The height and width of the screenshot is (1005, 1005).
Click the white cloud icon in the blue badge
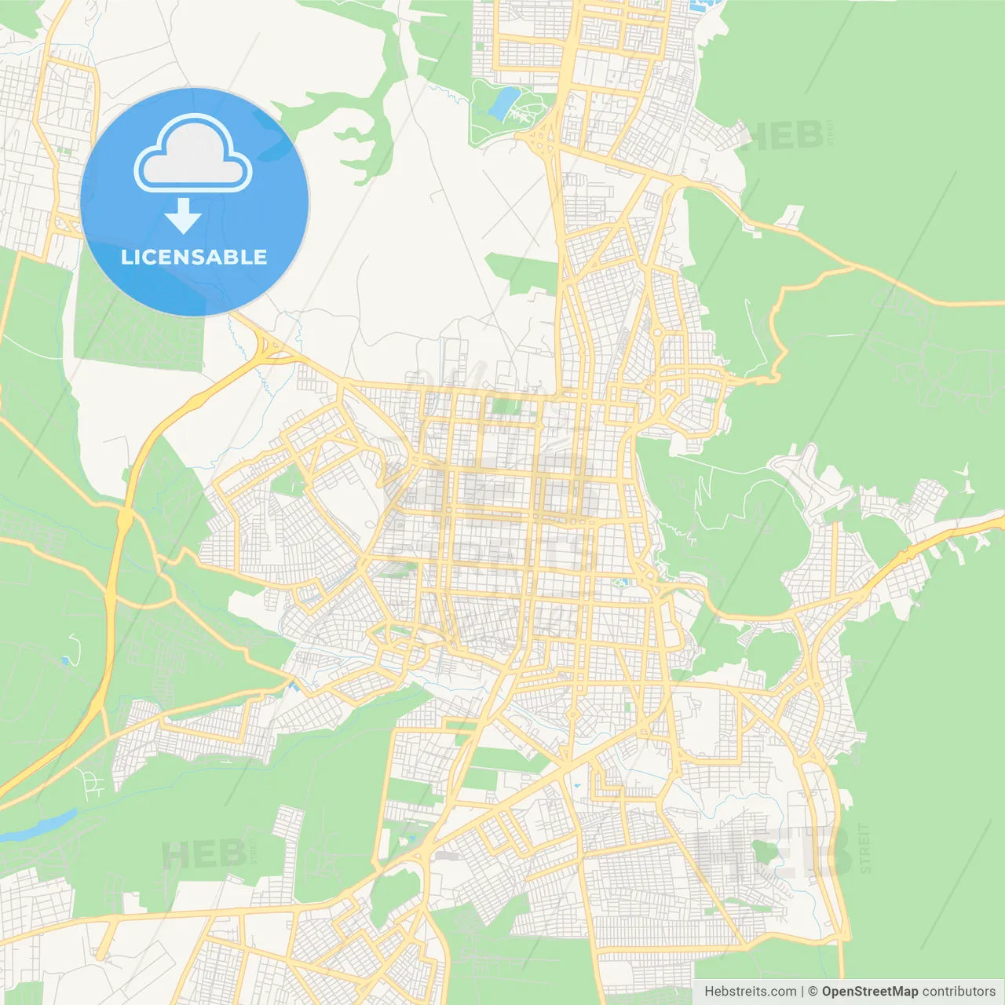click(193, 154)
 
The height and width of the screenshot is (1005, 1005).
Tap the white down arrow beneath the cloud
click(183, 215)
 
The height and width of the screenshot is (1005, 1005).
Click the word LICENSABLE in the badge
click(194, 257)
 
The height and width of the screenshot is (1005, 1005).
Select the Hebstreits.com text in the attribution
click(751, 992)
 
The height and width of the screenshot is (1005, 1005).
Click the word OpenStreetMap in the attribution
click(869, 992)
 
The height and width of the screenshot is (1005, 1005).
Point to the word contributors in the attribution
click(959, 992)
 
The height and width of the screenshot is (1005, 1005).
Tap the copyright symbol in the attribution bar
click(813, 992)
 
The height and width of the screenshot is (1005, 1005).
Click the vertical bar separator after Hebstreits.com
click(802, 992)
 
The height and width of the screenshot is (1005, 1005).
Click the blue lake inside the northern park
click(502, 102)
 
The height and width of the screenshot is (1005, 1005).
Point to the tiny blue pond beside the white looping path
click(64, 660)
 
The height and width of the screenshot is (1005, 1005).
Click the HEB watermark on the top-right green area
click(781, 135)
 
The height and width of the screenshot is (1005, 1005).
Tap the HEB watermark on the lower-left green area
click(203, 854)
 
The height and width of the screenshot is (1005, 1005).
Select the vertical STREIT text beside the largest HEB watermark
click(864, 848)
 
